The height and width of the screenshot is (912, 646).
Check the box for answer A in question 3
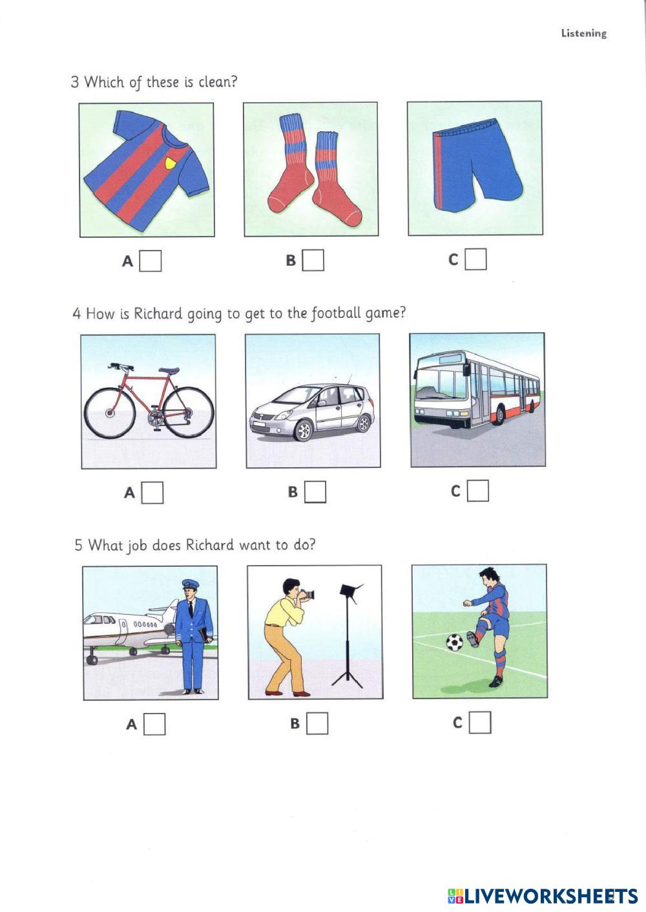[x=150, y=260]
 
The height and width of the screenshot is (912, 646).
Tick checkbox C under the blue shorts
[x=475, y=259]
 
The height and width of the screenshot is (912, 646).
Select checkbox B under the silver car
[x=315, y=492]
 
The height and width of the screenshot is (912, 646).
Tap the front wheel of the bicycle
[x=109, y=413]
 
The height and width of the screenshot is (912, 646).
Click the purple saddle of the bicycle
[x=169, y=370]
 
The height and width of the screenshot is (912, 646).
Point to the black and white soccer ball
[x=454, y=642]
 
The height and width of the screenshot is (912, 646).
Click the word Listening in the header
[x=584, y=34]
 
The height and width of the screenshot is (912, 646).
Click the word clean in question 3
[x=217, y=82]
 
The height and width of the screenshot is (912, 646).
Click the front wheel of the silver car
[x=303, y=430]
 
